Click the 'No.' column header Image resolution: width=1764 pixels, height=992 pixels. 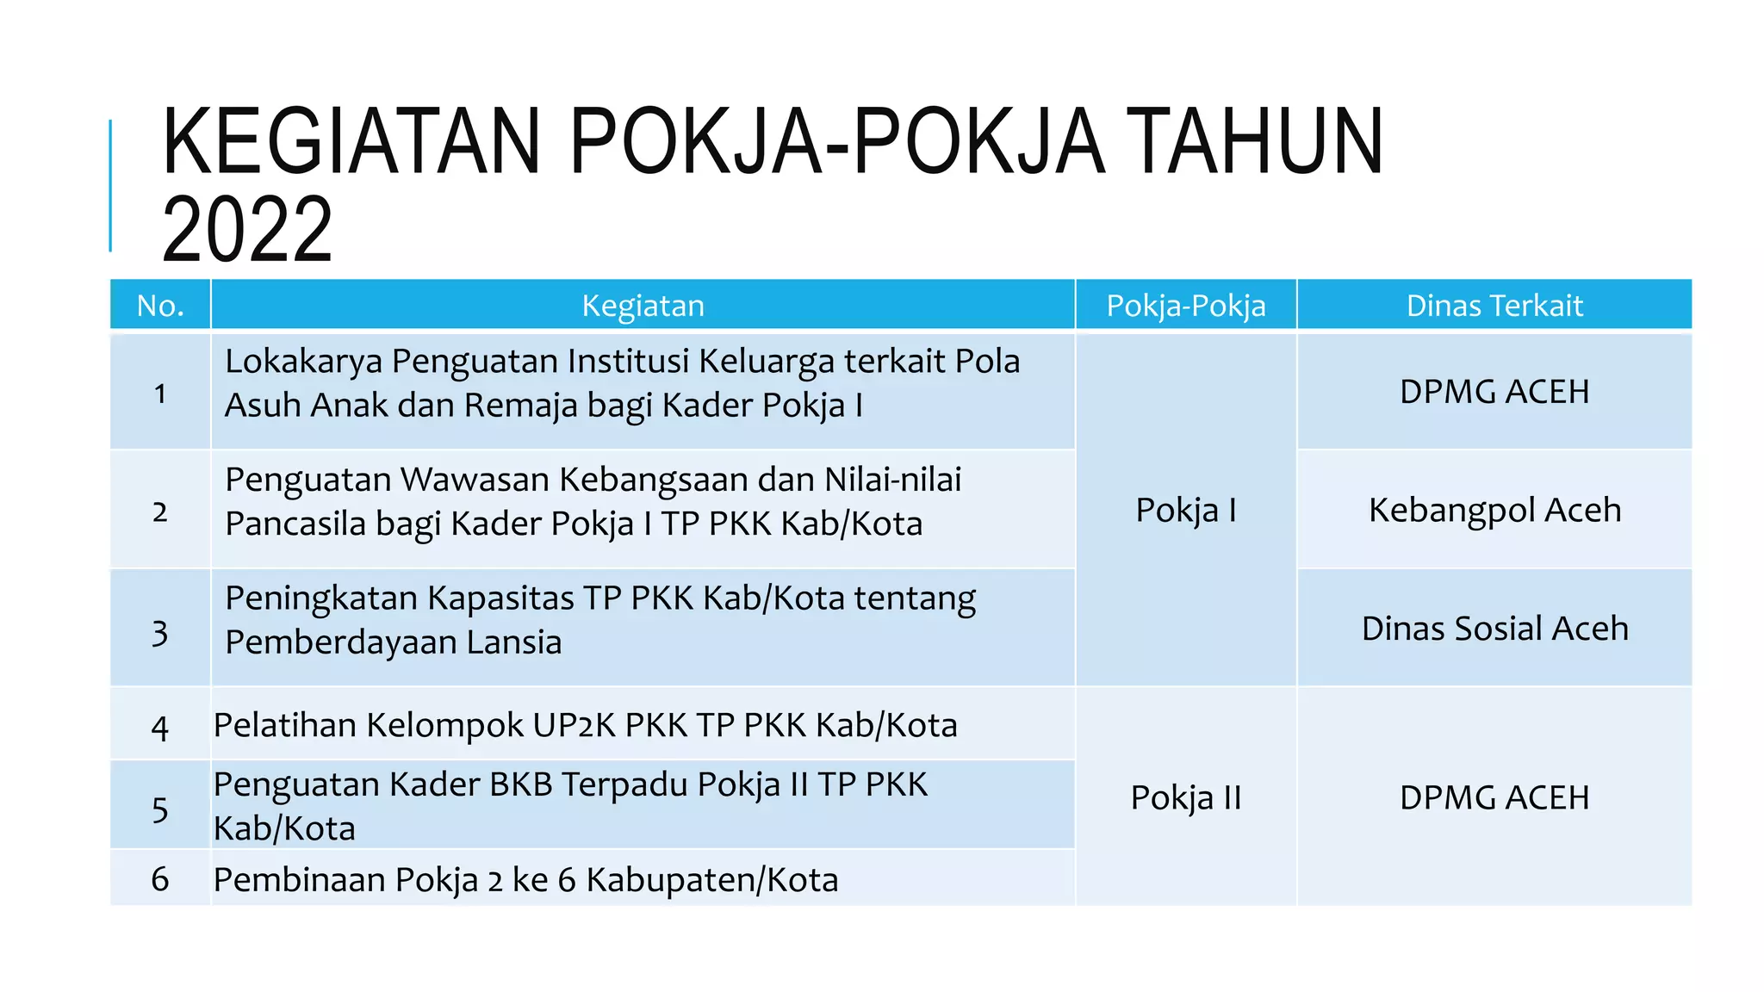coord(160,306)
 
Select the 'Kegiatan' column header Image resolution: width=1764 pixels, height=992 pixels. coord(643,306)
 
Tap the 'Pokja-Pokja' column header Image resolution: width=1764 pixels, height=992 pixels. coord(1185,306)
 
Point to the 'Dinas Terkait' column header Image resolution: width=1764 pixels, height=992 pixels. coord(1494,306)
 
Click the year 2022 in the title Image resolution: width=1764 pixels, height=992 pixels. coord(247,229)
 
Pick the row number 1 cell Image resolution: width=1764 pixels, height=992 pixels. coord(160,394)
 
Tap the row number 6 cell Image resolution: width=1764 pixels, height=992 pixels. coord(160,879)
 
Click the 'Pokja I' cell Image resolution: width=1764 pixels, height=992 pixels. coord(1185,510)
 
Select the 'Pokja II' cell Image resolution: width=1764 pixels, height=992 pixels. coord(1185,797)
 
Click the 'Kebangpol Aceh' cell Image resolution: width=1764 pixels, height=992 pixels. coord(1494,510)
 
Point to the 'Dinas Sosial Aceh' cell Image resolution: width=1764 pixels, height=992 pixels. coord(1494,629)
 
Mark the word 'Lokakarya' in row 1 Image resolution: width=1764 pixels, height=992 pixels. coord(303,361)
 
